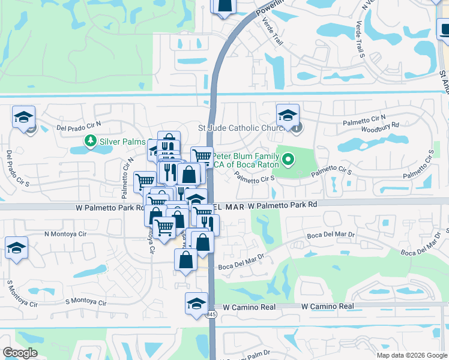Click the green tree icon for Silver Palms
[91, 141]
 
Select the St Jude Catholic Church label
[237, 128]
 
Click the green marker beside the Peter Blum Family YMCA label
[288, 159]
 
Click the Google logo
[20, 353]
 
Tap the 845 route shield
[211, 314]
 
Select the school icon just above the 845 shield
[196, 303]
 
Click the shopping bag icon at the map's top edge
[224, 5]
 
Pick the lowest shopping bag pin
[185, 260]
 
